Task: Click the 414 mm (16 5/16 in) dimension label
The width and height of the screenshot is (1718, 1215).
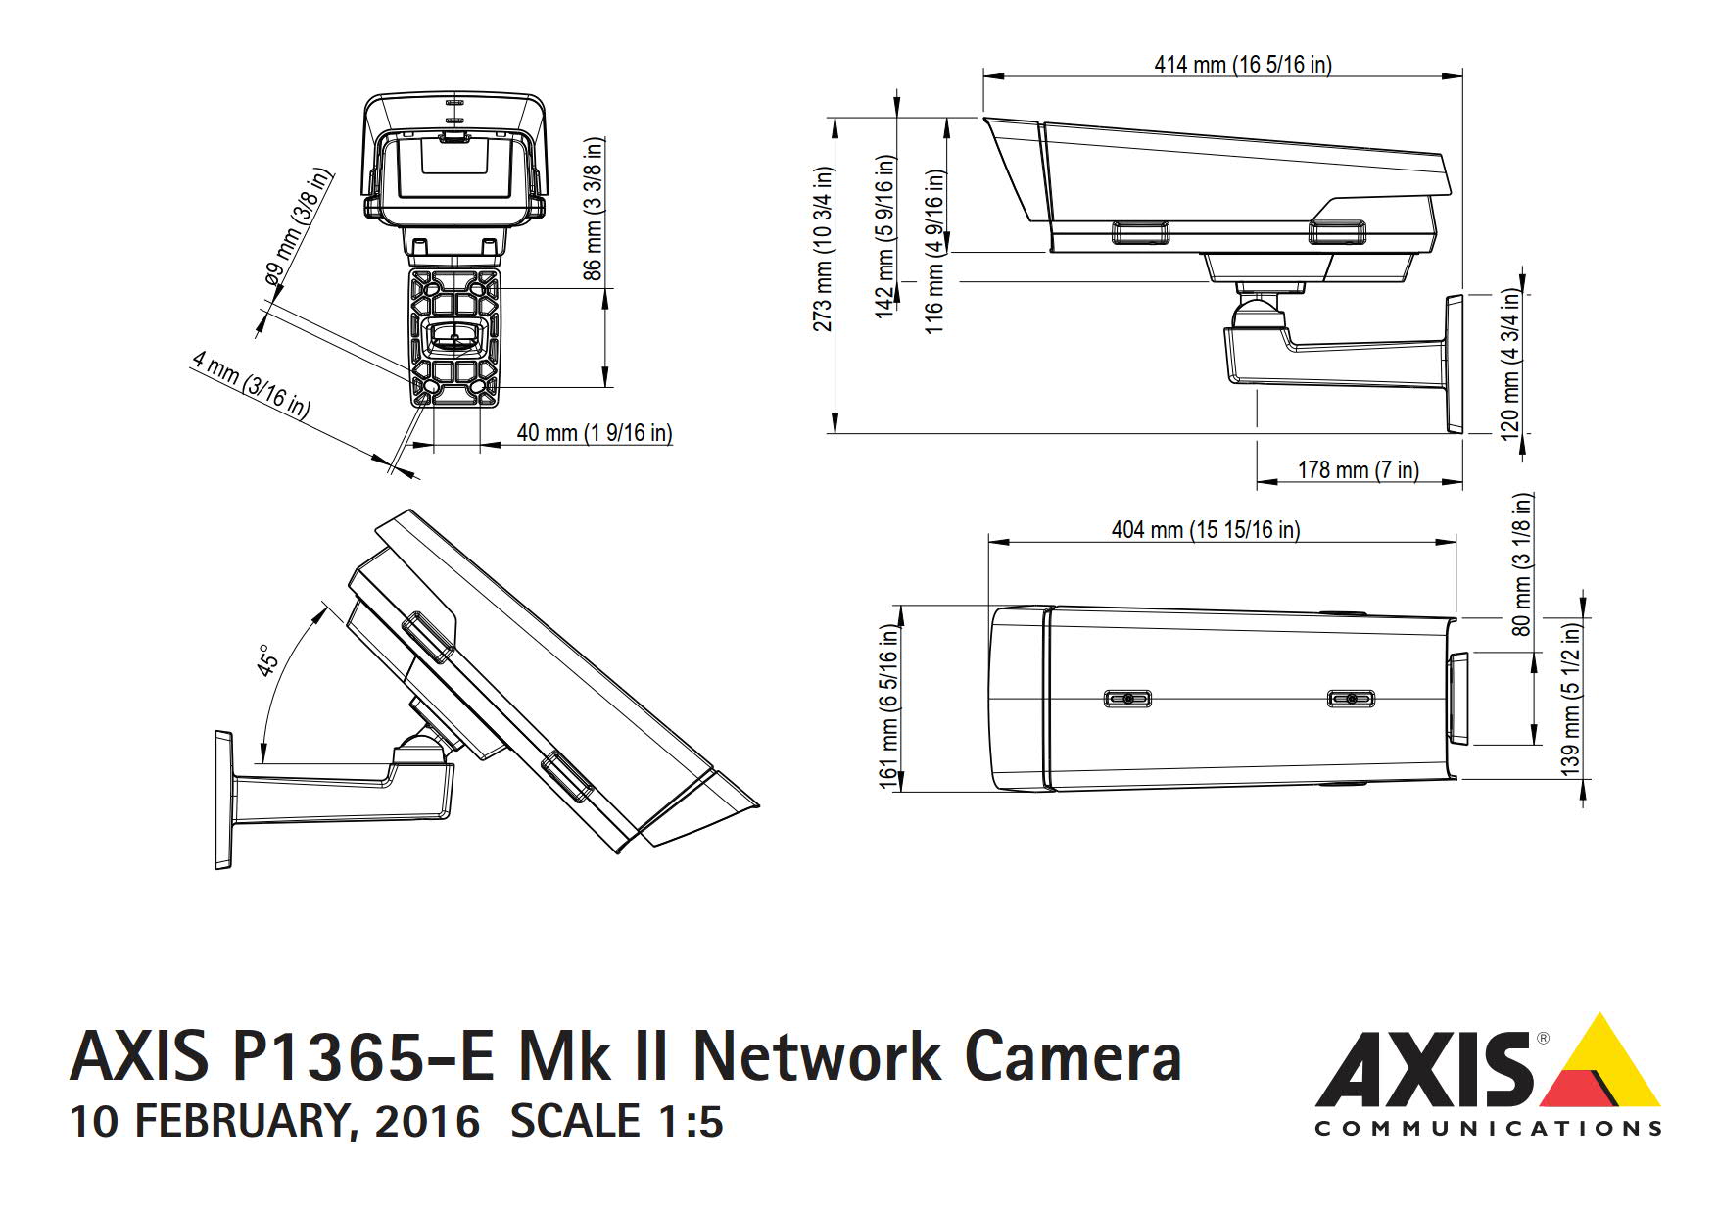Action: [x=1242, y=65]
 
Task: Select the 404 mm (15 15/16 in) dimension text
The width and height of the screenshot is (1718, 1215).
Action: [x=1205, y=530]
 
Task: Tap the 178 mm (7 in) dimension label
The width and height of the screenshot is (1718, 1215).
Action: [x=1358, y=470]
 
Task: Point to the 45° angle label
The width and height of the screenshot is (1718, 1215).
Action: [x=267, y=661]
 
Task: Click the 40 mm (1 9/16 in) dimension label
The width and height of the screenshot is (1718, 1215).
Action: [x=594, y=432]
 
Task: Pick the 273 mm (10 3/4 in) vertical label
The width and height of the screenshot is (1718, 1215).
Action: [x=823, y=249]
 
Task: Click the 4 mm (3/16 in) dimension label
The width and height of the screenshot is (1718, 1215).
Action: [x=251, y=386]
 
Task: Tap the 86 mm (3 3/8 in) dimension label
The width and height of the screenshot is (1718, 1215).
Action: [x=594, y=209]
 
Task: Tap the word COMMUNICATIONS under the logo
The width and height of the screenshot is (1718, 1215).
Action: [x=1487, y=1129]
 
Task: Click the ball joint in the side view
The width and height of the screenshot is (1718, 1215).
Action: [x=1259, y=313]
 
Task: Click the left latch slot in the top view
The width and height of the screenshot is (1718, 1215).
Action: [x=1127, y=699]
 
